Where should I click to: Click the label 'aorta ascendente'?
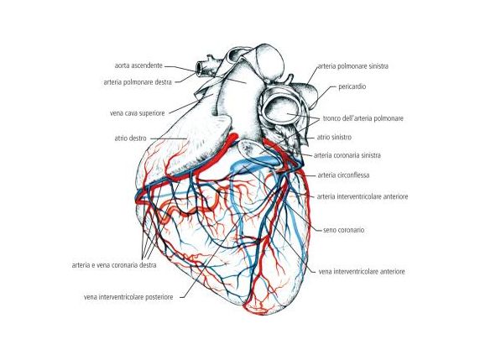coord(138,65)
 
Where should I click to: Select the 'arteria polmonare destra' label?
coord(138,82)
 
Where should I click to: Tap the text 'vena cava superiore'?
coord(137,113)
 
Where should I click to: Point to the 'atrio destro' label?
coord(130,138)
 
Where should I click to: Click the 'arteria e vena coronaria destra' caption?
coord(114,265)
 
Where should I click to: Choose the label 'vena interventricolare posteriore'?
coord(128,297)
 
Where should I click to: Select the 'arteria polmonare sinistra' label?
coord(353,66)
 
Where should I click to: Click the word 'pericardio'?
coord(352,86)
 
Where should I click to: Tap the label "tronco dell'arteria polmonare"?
coord(363,118)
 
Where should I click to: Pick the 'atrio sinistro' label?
coord(334,137)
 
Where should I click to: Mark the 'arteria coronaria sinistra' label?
coord(347,155)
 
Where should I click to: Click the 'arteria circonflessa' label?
coord(343,175)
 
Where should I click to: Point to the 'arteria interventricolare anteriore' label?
coord(363,196)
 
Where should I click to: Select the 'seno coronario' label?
coord(344,230)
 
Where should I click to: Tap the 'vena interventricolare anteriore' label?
coord(362,272)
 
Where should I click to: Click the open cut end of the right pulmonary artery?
coord(200,69)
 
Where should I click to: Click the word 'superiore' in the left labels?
coord(152,113)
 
